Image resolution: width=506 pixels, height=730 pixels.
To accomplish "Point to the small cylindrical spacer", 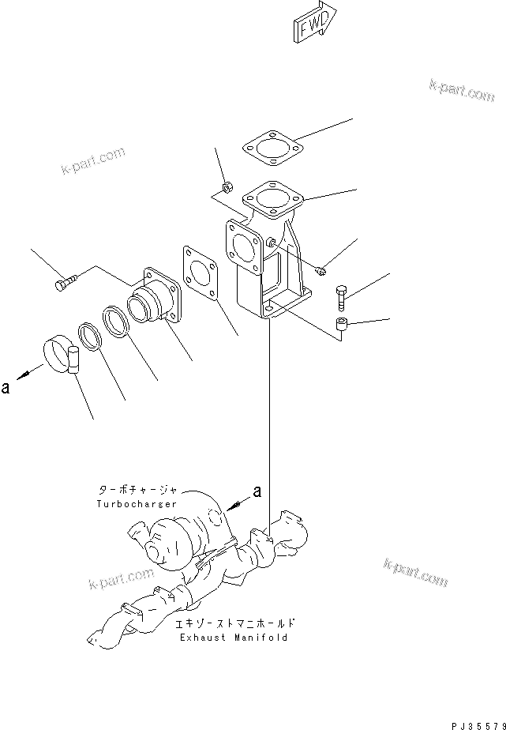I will (342, 324).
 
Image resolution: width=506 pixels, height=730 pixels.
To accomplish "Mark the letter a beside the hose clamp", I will (6, 387).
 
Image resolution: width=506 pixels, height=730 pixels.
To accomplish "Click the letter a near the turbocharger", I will (257, 492).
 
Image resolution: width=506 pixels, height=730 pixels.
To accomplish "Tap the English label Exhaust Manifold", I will (234, 637).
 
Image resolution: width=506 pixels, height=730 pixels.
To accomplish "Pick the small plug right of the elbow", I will (322, 271).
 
